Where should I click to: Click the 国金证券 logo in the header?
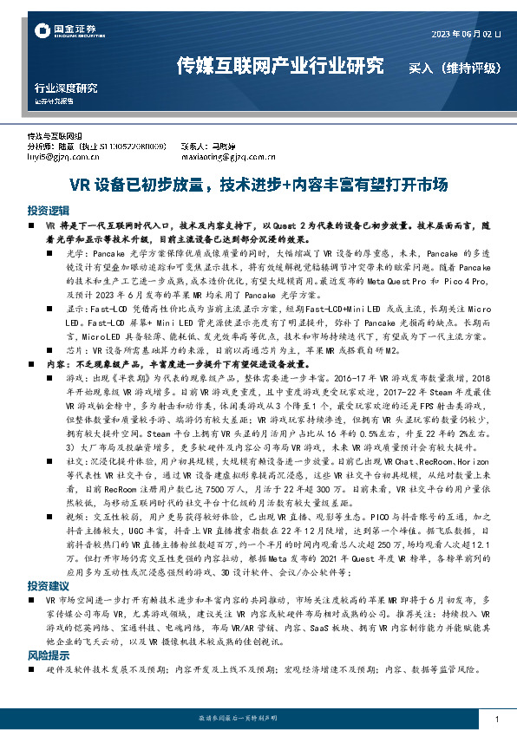(60, 32)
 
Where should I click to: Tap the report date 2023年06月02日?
(466, 35)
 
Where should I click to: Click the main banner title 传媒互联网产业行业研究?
(279, 65)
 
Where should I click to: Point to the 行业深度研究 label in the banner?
(66, 88)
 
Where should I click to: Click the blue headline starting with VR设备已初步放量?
(258, 185)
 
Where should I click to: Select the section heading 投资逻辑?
(47, 211)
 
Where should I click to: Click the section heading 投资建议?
(47, 561)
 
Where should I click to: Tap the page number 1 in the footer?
(495, 720)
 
